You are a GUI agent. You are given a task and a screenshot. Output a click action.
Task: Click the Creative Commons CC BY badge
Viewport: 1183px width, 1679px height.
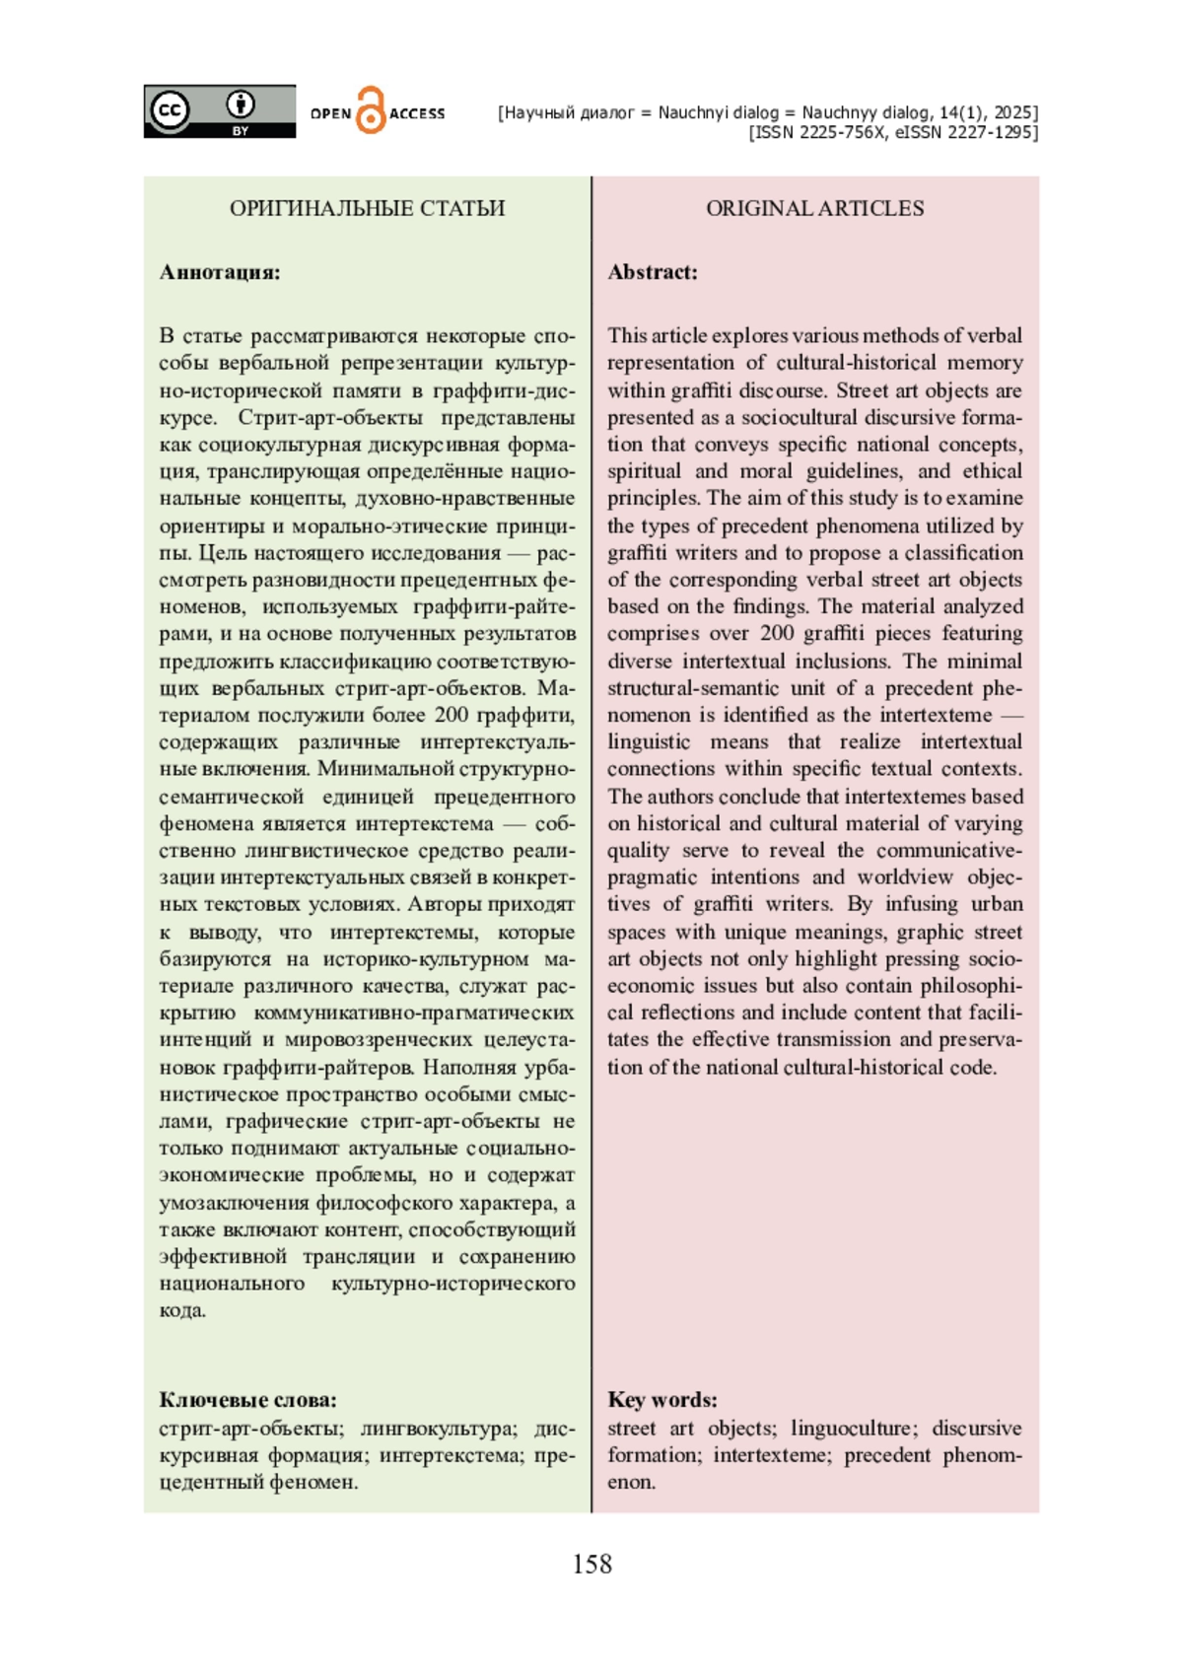click(x=219, y=110)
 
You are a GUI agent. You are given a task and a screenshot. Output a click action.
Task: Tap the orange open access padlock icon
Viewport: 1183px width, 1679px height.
click(x=371, y=110)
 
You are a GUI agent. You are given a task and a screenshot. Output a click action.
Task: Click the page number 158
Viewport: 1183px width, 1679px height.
click(x=591, y=1565)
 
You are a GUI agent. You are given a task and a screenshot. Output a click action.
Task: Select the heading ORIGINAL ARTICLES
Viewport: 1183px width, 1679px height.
click(x=814, y=208)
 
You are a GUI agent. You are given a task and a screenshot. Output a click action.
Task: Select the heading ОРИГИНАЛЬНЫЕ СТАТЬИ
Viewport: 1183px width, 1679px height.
click(x=367, y=208)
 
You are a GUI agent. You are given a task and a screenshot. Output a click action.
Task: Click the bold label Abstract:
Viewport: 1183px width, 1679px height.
click(x=652, y=272)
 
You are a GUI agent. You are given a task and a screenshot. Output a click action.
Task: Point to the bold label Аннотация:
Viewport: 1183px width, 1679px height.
click(x=220, y=272)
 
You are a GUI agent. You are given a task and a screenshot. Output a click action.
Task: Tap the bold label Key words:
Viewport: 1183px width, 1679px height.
click(x=661, y=1399)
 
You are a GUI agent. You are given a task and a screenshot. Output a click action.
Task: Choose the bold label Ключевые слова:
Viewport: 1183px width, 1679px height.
click(x=247, y=1399)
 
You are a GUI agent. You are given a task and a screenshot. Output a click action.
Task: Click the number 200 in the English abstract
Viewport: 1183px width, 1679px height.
click(x=777, y=633)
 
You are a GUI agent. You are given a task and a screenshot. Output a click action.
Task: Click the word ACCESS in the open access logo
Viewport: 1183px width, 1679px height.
click(x=417, y=114)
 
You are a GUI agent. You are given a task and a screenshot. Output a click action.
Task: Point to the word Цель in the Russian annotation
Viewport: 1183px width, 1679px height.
click(x=224, y=552)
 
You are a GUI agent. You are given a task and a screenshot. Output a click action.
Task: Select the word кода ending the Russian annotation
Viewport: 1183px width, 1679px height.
click(x=181, y=1310)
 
